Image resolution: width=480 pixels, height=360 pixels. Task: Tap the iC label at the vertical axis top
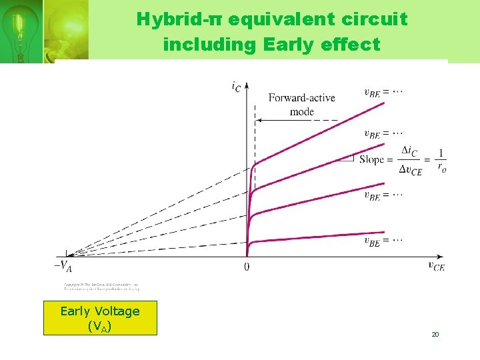236,85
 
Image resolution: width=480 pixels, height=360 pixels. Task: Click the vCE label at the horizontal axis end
436,266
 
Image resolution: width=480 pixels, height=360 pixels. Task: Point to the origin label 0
247,267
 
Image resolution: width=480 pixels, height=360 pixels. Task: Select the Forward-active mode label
301,104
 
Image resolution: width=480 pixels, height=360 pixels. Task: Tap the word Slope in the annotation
371,159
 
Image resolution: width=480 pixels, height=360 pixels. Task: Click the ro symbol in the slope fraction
441,167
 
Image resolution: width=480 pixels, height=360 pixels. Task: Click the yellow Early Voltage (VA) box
100,318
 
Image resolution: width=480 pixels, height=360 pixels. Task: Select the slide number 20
435,334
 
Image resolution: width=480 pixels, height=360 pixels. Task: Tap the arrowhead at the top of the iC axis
247,86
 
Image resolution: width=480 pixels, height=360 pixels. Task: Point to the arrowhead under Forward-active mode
261,120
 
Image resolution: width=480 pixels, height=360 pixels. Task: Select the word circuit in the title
378,19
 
